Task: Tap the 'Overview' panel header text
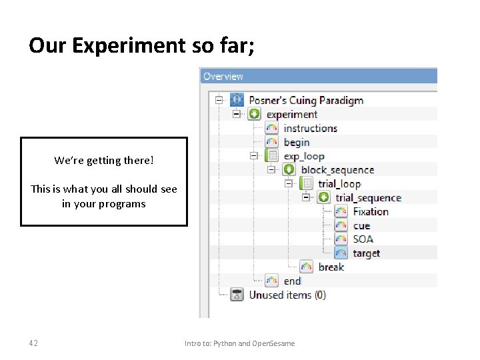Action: pos(223,76)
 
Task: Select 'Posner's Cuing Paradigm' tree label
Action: pos(306,100)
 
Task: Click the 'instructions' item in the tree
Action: pos(310,128)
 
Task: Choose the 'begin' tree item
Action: pos(297,142)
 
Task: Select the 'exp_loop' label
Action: pos(303,156)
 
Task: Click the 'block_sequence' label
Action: pos(337,170)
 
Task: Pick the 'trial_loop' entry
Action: pos(339,184)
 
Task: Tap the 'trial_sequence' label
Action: pos(368,198)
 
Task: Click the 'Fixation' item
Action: pos(371,211)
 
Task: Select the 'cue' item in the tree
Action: pos(362,225)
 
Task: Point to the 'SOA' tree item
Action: pos(363,239)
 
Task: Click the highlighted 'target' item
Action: pos(366,253)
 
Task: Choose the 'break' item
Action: pos(331,267)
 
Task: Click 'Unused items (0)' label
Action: pos(287,295)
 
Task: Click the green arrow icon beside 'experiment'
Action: pos(254,114)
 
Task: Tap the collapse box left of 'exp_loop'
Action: pos(253,156)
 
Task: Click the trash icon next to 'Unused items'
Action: pos(237,295)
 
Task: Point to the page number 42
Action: pos(33,343)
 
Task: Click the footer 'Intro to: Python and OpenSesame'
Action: pos(239,343)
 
